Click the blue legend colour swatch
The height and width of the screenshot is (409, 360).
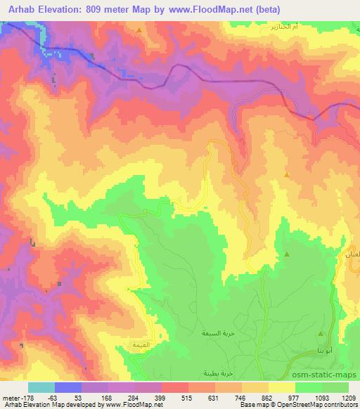[68, 387]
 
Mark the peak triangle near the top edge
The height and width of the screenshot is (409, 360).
[139, 30]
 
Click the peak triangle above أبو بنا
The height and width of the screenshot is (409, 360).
[321, 333]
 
